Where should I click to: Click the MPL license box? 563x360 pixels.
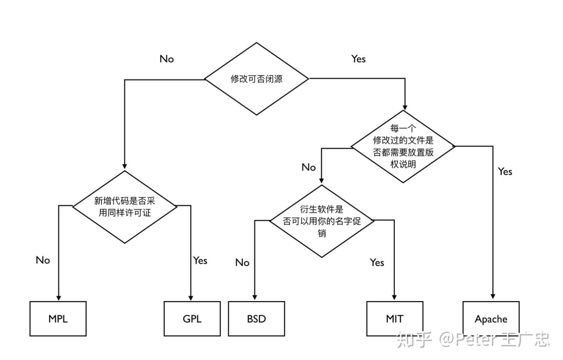coord(58,319)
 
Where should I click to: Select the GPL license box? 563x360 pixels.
coord(192,319)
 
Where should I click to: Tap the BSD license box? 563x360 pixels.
coord(256,319)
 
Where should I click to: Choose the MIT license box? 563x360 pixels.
coord(394,319)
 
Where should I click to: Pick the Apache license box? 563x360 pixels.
coord(491,319)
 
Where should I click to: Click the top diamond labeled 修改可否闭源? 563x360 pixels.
coord(256,79)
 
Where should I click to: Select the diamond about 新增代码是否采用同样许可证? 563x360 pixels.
coord(125,207)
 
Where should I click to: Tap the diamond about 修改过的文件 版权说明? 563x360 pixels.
coord(403,146)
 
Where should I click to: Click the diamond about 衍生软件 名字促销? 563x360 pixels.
coord(322,221)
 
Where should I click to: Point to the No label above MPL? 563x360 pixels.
coord(43,260)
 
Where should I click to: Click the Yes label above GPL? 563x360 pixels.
coord(200,260)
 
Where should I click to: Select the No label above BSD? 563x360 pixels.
coord(242,262)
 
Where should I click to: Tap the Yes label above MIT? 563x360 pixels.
coord(377,262)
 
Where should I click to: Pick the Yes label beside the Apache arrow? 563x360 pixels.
coord(505,171)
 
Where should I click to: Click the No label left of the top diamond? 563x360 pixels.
coord(167,59)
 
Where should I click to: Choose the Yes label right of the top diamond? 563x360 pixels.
coord(358,59)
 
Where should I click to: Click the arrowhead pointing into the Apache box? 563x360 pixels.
coord(493,297)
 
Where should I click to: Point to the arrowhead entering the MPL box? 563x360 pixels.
coord(58,298)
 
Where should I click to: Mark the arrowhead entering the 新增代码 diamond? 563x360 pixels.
coord(125,166)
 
